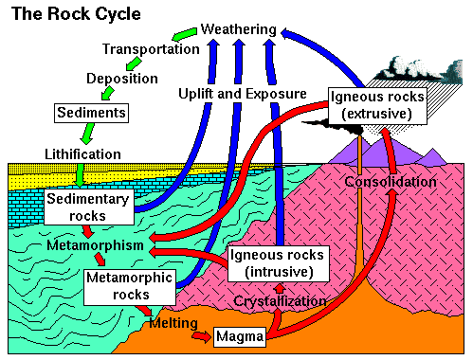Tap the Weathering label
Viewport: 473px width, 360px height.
(x=239, y=30)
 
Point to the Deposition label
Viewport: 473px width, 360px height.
(x=122, y=79)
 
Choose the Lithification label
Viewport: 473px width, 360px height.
(x=82, y=153)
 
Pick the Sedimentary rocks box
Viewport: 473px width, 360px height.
(x=86, y=207)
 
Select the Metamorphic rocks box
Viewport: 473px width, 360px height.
(x=118, y=287)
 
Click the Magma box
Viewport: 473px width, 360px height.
(x=239, y=336)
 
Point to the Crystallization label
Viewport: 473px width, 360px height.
(x=281, y=301)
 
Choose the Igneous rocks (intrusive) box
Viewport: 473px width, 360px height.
(x=279, y=263)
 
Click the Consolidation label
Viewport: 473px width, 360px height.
(x=390, y=181)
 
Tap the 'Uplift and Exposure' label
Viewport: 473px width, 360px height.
(x=243, y=94)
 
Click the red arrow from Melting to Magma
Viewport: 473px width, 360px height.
(x=200, y=334)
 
